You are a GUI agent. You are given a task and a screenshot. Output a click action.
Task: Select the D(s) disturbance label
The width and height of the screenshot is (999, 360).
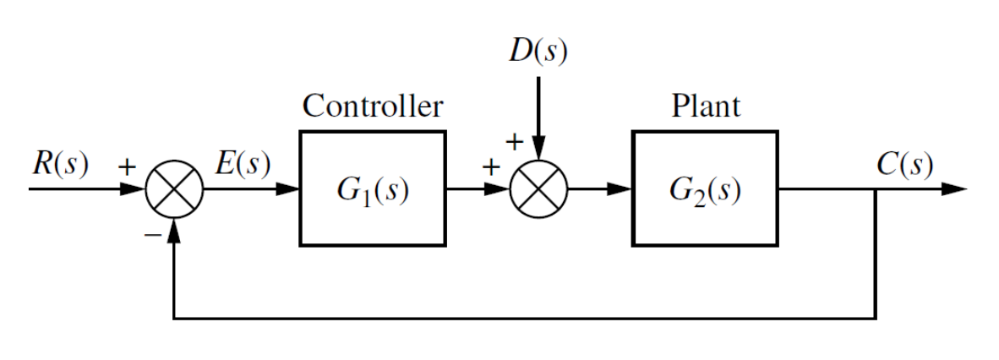[538, 52]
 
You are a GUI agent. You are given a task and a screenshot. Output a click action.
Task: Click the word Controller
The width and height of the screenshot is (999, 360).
[372, 107]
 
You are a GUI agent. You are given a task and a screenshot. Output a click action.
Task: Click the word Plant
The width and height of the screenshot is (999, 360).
[705, 107]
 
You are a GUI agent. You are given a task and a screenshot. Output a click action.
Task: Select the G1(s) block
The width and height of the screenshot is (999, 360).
[372, 189]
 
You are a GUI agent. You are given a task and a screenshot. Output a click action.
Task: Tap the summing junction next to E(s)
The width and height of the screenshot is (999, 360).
[174, 189]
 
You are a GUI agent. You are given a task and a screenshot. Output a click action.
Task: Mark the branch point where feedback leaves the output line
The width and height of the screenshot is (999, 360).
[876, 189]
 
